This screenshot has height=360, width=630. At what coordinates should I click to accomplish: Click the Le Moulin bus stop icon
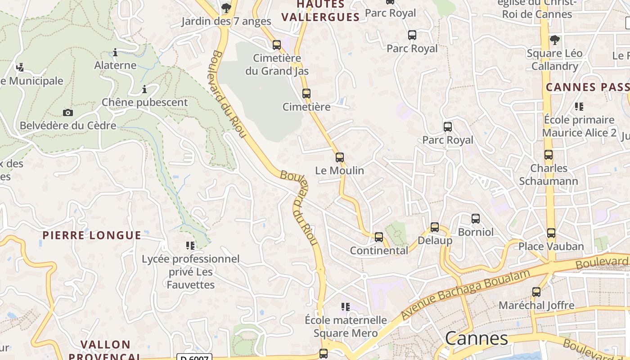click(340, 157)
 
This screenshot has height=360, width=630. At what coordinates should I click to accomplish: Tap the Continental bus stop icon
click(379, 237)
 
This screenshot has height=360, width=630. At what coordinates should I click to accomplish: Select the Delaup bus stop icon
click(435, 227)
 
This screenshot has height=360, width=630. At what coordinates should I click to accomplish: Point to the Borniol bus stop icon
click(476, 219)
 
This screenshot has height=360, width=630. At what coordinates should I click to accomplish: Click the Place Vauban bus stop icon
click(551, 233)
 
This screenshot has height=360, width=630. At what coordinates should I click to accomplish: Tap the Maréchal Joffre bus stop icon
click(536, 292)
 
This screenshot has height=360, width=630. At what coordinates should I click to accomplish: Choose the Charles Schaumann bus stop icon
click(549, 155)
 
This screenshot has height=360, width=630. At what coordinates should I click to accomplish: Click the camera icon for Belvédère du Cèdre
click(68, 112)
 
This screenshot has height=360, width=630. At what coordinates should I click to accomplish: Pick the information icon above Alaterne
click(115, 52)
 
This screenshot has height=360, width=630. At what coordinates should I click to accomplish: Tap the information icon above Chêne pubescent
click(144, 89)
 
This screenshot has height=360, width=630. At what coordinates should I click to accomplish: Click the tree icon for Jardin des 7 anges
click(226, 8)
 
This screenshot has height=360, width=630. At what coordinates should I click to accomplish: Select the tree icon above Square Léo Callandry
click(555, 40)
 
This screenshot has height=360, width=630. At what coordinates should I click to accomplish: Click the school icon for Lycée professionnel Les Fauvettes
click(190, 246)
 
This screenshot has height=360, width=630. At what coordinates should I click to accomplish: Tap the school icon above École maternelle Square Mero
click(346, 307)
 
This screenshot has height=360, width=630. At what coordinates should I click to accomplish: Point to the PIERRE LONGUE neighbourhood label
click(92, 235)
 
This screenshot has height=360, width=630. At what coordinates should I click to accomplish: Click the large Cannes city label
click(477, 338)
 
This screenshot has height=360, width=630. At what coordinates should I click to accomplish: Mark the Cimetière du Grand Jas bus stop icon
click(277, 45)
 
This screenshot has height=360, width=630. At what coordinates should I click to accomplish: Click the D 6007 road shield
click(195, 358)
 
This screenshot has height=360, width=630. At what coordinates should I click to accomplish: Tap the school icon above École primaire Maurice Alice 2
click(579, 107)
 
